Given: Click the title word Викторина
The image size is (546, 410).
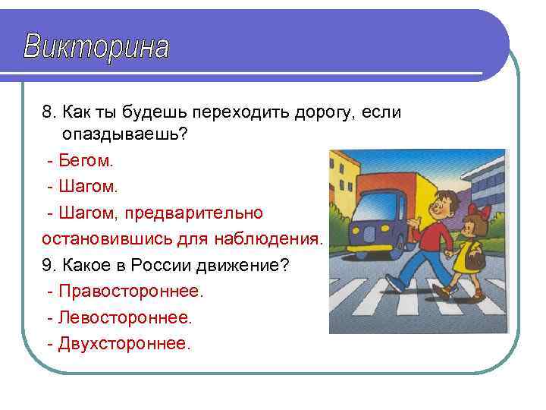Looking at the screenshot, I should (x=96, y=47).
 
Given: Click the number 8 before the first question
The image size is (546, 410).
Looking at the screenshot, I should (x=47, y=112).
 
